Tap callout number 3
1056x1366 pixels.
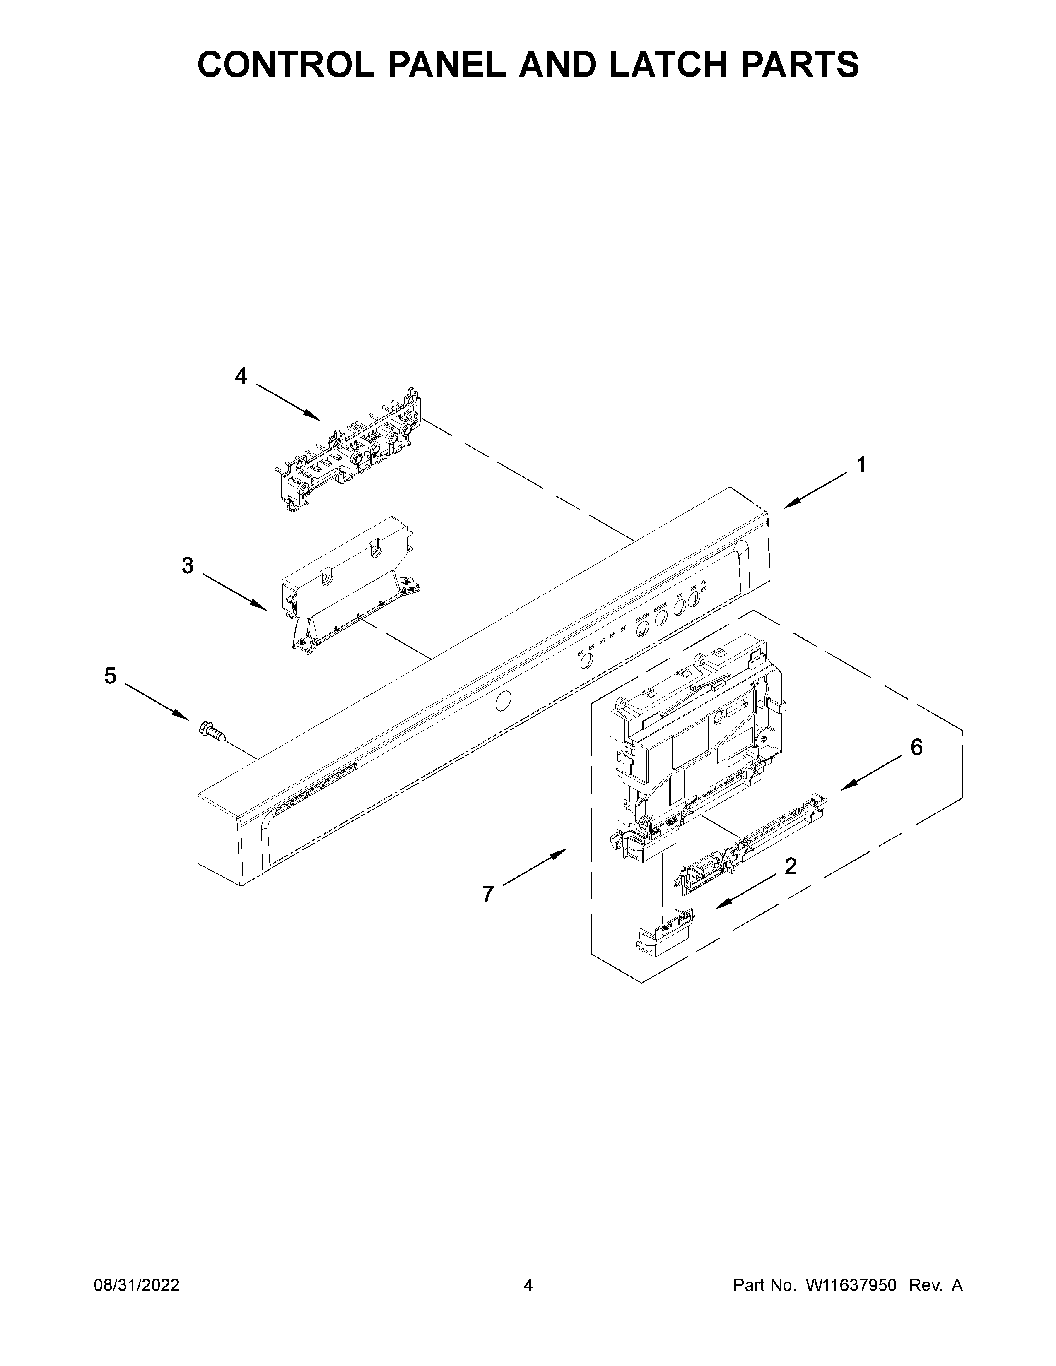tap(188, 565)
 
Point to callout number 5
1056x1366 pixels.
tap(110, 676)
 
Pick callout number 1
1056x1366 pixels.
tap(861, 465)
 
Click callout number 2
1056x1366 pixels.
tap(790, 866)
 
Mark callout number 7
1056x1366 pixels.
tap(488, 895)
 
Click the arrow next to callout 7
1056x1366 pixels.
tap(535, 867)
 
